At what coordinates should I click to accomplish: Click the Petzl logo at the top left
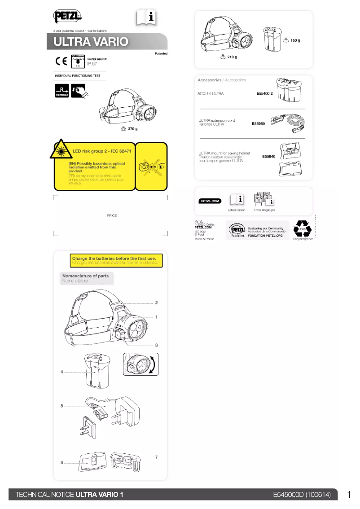pos(67,17)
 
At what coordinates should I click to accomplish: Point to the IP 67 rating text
pos(92,64)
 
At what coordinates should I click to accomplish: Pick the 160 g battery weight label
pos(295,40)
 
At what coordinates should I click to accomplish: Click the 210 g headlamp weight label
pos(232,57)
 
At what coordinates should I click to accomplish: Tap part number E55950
pos(259,123)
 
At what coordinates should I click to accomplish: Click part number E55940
pos(268,157)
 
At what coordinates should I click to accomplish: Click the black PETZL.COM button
pos(209,201)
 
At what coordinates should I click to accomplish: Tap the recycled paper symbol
pos(302,229)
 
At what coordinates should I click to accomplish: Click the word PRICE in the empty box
pos(112,216)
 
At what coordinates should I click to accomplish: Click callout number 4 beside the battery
pos(61,372)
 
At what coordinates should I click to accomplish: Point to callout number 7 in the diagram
pos(156,457)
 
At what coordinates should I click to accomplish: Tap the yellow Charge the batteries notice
pos(116,261)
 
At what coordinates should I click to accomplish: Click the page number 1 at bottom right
pos(349,495)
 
